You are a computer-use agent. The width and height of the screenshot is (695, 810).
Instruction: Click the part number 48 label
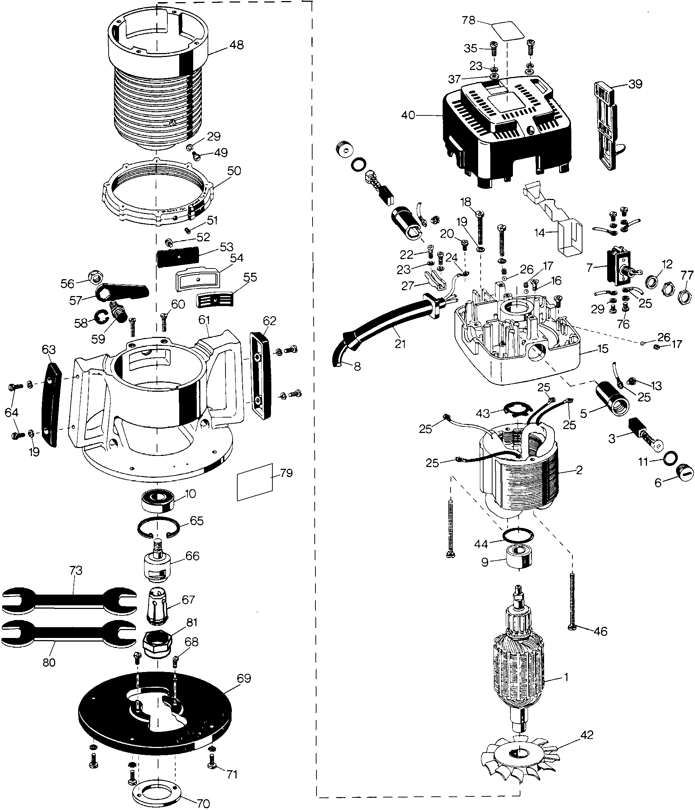coord(237,46)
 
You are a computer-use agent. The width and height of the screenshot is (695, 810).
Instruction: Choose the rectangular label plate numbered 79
coord(255,482)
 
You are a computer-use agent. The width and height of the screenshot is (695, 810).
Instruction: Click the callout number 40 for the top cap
coord(408,115)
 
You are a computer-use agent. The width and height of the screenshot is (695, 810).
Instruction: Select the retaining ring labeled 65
coord(158,527)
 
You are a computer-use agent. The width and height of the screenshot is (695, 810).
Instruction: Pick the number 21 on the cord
coord(400,344)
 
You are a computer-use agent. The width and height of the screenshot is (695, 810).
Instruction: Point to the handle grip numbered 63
coord(51,404)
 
